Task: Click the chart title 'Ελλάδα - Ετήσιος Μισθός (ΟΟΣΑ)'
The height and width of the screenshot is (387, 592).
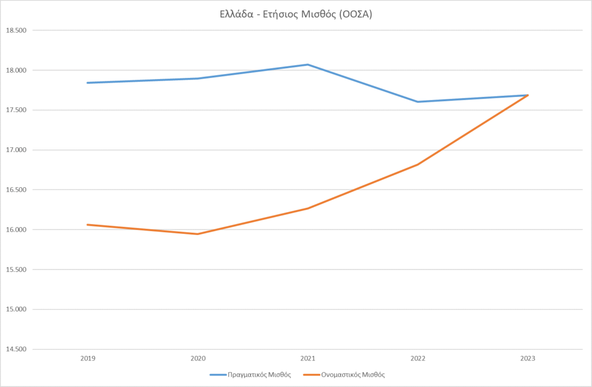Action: pyautogui.click(x=295, y=15)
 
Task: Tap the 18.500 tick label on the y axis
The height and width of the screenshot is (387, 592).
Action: pyautogui.click(x=16, y=31)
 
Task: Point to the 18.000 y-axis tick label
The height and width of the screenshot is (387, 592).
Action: pyautogui.click(x=16, y=70)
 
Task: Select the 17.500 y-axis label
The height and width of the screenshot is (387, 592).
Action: pyautogui.click(x=16, y=110)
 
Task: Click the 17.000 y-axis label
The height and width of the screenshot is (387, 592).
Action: pyautogui.click(x=16, y=150)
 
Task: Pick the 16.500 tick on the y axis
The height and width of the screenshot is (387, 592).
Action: pyautogui.click(x=16, y=190)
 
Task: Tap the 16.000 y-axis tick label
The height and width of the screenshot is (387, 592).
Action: pyautogui.click(x=16, y=230)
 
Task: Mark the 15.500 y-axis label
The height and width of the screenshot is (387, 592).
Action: pyautogui.click(x=16, y=270)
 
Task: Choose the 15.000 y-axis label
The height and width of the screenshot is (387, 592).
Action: pyautogui.click(x=16, y=310)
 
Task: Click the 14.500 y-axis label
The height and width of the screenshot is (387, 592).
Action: pyautogui.click(x=16, y=349)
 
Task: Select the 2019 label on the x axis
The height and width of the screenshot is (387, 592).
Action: pyautogui.click(x=88, y=359)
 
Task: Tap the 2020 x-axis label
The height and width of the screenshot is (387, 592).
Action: pyautogui.click(x=198, y=359)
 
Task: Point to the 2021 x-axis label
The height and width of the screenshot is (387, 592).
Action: pyautogui.click(x=308, y=359)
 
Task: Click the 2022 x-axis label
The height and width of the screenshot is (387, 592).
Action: pyautogui.click(x=417, y=359)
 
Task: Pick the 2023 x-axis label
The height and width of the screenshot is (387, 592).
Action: pyautogui.click(x=527, y=359)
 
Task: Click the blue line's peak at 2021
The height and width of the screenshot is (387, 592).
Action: pyautogui.click(x=308, y=65)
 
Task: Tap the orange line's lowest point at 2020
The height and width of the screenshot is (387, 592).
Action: pyautogui.click(x=198, y=234)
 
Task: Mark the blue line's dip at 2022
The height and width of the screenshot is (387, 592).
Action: pyautogui.click(x=417, y=102)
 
